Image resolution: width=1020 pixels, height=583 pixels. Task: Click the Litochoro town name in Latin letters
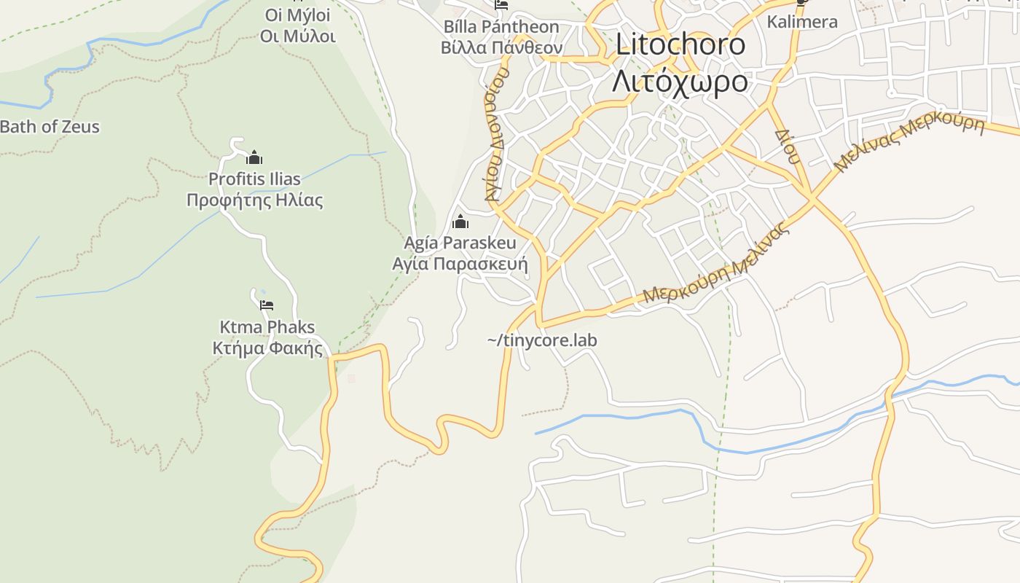680,44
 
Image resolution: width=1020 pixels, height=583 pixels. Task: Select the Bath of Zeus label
50,126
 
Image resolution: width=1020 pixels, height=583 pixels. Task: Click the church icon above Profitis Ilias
254,157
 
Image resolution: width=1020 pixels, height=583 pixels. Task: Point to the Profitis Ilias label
254,179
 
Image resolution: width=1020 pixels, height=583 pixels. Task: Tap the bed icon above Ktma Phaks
267,305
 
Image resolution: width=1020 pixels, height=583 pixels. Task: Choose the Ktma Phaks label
267,326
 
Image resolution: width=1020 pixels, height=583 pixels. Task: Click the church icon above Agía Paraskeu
460,222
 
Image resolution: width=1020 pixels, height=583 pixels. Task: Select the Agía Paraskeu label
460,243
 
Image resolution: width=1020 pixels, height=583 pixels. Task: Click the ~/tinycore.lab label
542,340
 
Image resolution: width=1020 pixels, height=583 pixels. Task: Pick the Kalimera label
802,22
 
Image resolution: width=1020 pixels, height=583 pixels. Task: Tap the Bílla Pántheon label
501,27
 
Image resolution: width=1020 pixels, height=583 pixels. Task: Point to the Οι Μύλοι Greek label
298,36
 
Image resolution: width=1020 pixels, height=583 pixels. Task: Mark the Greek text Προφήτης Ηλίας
254,200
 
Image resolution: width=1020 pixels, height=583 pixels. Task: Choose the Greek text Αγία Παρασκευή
460,263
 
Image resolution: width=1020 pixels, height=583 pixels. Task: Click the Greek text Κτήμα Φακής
267,348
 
